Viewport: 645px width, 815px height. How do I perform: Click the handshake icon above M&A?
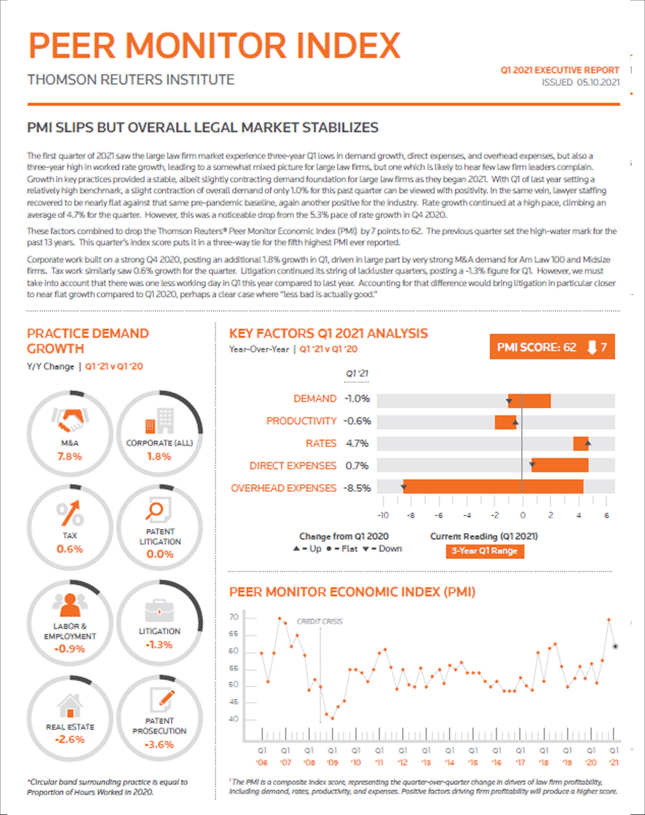(x=70, y=420)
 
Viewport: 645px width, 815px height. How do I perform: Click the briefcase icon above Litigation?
(x=159, y=610)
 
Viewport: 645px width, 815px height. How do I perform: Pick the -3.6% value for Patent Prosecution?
(x=159, y=744)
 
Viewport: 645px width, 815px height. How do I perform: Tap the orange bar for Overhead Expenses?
(x=493, y=487)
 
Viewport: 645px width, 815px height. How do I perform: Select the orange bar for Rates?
(x=580, y=443)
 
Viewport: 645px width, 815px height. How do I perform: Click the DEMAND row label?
(x=315, y=399)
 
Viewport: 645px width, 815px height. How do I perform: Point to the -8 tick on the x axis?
(x=411, y=515)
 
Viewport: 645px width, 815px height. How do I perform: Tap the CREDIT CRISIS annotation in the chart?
(x=320, y=621)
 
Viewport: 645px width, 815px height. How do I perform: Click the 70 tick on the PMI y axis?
(x=234, y=617)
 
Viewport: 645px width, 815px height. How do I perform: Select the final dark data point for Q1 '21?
(x=615, y=646)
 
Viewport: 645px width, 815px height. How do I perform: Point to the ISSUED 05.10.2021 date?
(x=581, y=82)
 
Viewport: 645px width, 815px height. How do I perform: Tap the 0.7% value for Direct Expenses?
(x=357, y=465)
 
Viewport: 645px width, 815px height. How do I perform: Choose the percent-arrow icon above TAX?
(x=70, y=513)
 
